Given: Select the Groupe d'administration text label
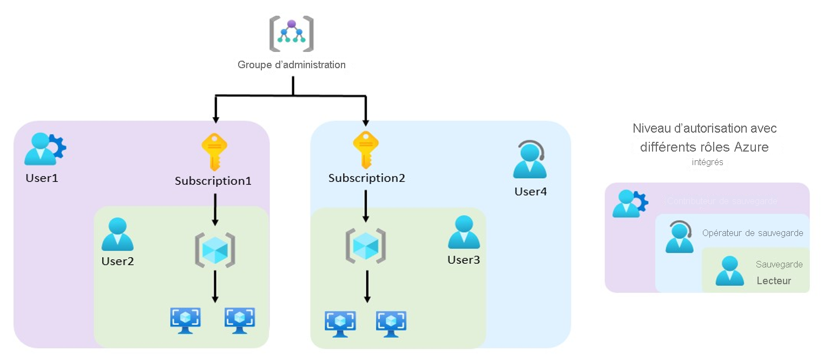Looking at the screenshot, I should pos(292,65).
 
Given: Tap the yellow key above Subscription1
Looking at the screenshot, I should pos(214,153).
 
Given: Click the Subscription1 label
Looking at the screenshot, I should pos(213,181).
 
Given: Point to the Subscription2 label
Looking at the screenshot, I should pos(367,178).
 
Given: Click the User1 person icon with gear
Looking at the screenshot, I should pos(45,149).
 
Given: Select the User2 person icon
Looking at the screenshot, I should pos(117,235).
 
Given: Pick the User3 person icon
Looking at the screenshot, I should pos(464,233).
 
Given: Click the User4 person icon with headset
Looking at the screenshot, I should pos(530,160).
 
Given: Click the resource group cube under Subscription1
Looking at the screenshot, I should pos(215,250).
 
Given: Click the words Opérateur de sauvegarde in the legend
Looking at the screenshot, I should pos(752,233).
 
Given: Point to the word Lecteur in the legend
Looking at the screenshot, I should pos(774,280).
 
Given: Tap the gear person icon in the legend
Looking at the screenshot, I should pos(630,204).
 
